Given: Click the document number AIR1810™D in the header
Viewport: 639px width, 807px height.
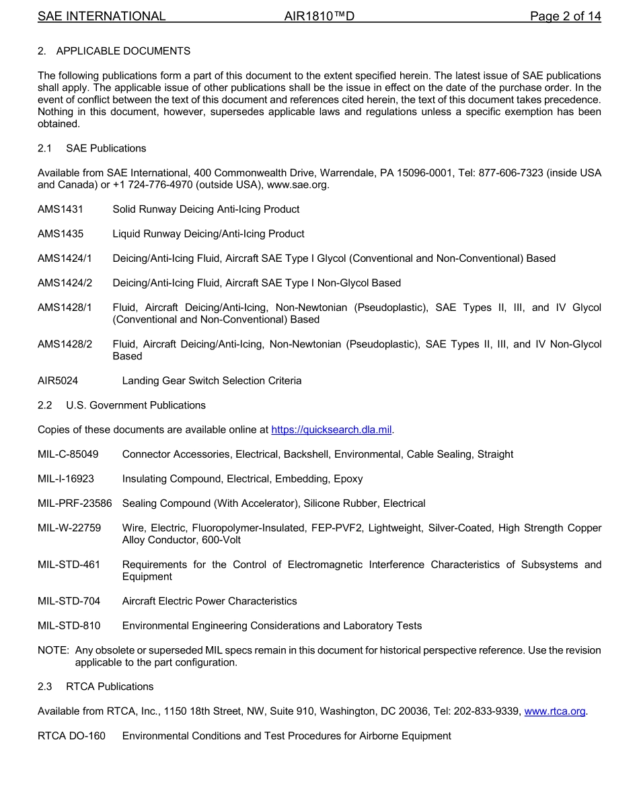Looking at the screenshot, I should [319, 16].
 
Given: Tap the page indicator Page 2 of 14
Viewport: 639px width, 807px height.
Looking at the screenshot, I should [565, 16].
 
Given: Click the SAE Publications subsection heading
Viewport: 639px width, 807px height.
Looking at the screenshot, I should [106, 148].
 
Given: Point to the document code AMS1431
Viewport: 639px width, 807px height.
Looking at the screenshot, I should [61, 209].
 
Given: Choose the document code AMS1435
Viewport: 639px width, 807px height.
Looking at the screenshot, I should [61, 234].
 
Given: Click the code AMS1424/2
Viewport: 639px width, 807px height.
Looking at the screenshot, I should [65, 283].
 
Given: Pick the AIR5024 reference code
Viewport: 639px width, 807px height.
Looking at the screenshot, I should [58, 381].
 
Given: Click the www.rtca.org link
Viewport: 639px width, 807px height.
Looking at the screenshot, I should [554, 711].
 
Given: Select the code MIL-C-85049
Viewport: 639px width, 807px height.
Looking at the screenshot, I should [68, 454].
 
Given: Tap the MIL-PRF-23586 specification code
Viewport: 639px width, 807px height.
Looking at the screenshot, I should [75, 503].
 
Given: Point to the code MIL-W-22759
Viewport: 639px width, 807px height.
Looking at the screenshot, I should [69, 528].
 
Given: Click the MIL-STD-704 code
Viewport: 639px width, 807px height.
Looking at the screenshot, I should [69, 601].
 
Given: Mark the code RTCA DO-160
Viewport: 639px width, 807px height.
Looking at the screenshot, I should [71, 736].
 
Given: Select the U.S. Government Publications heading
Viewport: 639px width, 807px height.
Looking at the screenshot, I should [136, 405].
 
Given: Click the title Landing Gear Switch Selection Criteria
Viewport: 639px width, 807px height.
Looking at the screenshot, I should [212, 381].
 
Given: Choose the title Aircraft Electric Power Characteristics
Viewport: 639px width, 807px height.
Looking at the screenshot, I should [209, 601].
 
